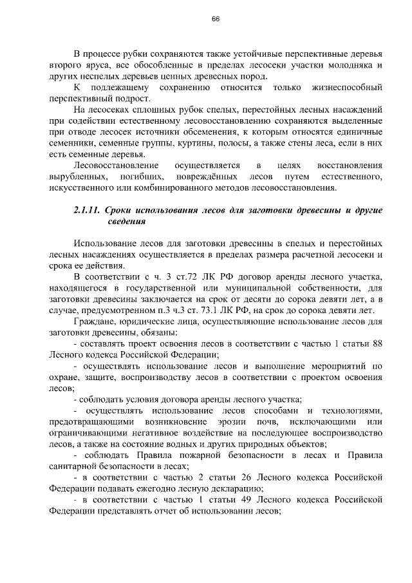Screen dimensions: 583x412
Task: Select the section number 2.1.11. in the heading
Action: (86, 211)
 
